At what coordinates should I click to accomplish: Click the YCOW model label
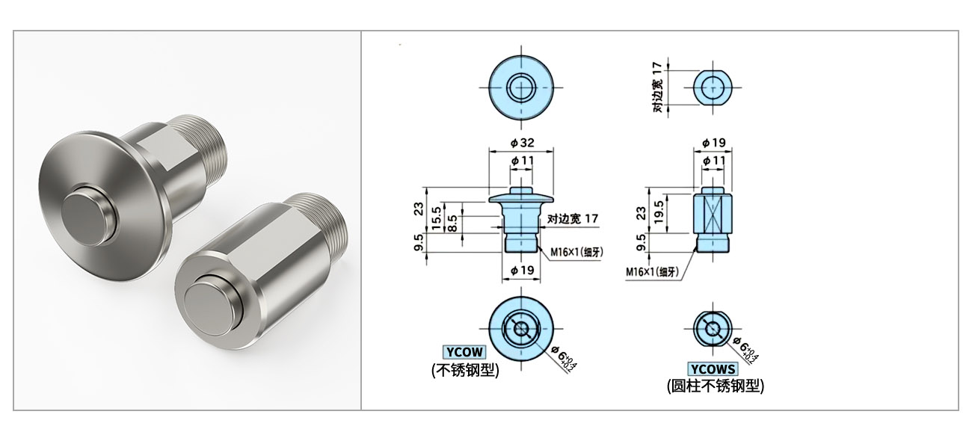point(464,351)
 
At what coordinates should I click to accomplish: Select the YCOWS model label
point(713,369)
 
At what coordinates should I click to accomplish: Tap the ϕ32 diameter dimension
point(522,142)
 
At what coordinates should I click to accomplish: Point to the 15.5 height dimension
point(437,218)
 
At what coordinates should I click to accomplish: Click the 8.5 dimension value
point(452,223)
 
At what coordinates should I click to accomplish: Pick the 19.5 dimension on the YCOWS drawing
point(658,212)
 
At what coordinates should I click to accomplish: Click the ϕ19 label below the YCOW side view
point(522,270)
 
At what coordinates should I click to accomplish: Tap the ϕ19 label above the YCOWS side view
point(714,142)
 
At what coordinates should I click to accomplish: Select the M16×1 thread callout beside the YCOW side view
point(576,252)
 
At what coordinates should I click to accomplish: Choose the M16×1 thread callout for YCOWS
point(652,272)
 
